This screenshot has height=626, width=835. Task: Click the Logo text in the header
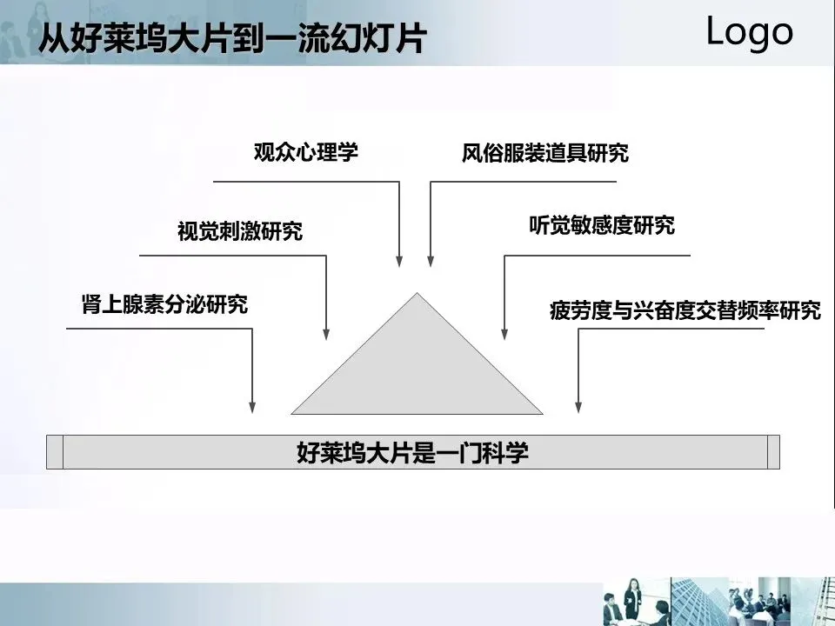[x=749, y=32]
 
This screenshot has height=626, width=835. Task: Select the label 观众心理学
[x=305, y=152]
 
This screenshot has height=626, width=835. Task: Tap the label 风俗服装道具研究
[x=544, y=154]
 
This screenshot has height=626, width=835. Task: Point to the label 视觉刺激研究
[x=240, y=231]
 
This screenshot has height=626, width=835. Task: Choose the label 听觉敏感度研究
[x=602, y=226]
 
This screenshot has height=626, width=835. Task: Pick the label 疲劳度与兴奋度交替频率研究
[x=685, y=310]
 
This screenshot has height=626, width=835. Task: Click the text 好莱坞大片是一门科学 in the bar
[x=413, y=453]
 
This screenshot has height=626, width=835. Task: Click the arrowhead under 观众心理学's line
[x=399, y=259]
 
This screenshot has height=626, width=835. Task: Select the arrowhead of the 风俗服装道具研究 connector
[x=430, y=259]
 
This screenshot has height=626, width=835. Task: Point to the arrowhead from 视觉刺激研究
[x=326, y=332]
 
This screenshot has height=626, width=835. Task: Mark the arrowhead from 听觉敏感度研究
[x=504, y=332]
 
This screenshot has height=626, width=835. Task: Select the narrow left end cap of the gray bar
[x=55, y=452]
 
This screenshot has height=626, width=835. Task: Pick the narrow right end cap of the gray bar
[x=773, y=452]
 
